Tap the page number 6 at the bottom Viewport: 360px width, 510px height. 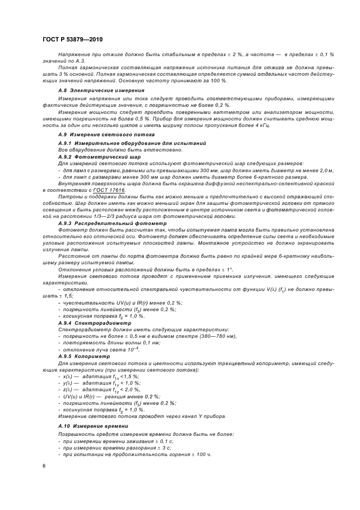coord(45,465)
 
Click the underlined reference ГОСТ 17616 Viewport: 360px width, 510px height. coord(109,190)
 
